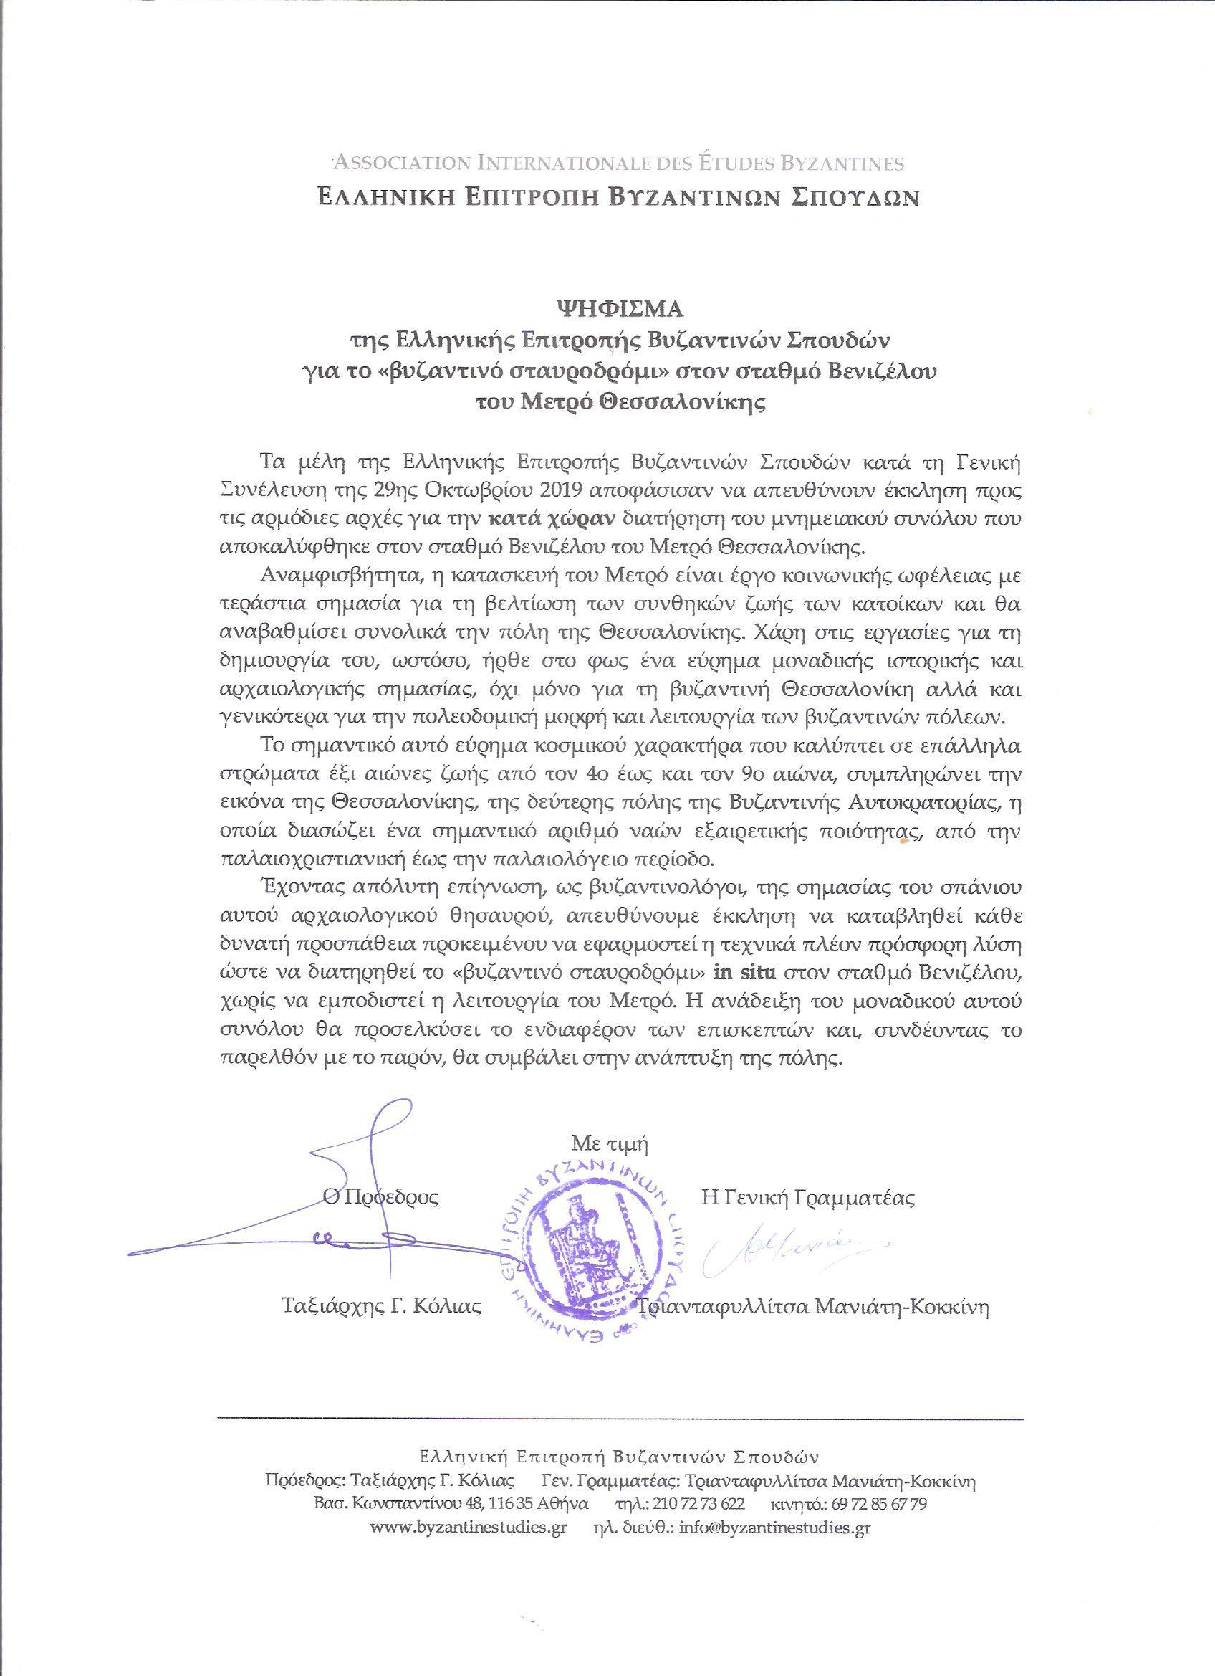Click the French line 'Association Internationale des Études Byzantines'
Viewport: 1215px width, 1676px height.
click(x=619, y=163)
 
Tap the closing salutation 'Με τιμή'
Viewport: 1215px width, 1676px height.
click(x=610, y=1146)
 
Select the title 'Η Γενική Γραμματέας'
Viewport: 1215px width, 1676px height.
click(x=807, y=1199)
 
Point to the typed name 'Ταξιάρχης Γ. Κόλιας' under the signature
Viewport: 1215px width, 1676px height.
click(x=382, y=1327)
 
